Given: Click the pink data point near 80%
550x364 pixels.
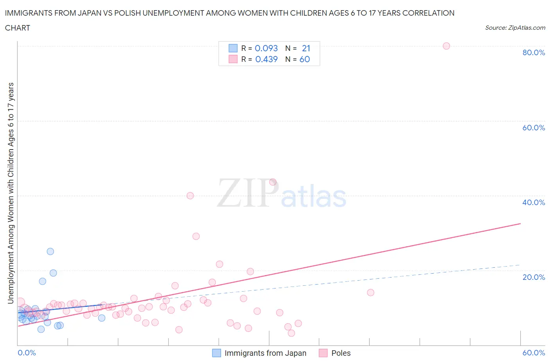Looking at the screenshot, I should click(446, 46).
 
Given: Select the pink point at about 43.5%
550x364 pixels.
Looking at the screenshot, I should click(273, 182).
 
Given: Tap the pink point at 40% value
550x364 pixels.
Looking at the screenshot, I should click(190, 196).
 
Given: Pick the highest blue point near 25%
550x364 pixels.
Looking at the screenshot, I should click(50, 251).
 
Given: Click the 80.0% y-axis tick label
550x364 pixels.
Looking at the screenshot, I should click(533, 52).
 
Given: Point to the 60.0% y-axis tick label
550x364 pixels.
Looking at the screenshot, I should click(533, 128).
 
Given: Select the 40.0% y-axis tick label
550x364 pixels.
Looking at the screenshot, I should click(533, 202).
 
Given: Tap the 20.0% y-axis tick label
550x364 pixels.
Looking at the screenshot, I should click(533, 277).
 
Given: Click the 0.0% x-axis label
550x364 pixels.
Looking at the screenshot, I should click(27, 353).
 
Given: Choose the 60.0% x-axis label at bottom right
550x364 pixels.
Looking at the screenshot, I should click(533, 353).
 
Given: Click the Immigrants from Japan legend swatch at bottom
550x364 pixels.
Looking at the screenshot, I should click(216, 353).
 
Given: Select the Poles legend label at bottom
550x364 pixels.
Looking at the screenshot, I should click(341, 353).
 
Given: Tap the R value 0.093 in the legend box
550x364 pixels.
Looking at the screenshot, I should click(266, 48).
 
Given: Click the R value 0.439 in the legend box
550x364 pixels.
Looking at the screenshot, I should click(266, 59).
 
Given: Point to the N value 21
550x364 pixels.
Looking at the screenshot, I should click(306, 48).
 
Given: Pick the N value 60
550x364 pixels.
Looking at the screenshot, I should click(304, 59).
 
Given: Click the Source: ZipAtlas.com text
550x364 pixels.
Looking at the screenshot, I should click(515, 27).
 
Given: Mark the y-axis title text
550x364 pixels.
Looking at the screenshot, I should click(11, 193).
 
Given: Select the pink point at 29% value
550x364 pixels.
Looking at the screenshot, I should click(196, 236).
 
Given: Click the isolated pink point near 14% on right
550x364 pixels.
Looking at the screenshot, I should click(370, 292).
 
